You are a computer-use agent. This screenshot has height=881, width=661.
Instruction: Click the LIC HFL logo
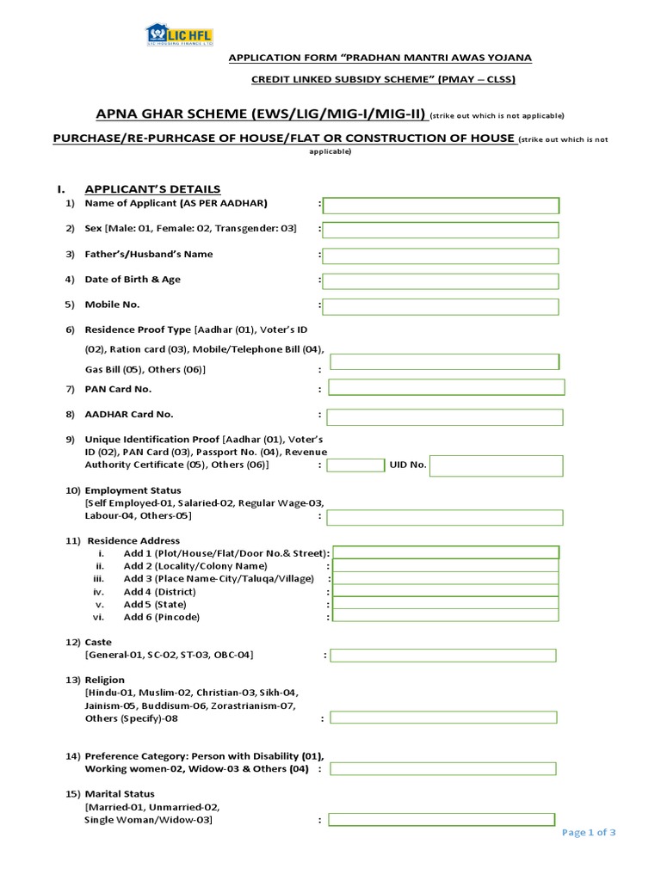pyautogui.click(x=179, y=35)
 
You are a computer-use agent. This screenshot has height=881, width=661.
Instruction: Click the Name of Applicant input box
pyautogui.click(x=441, y=205)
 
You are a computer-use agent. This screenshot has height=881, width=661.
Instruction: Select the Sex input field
pyautogui.click(x=441, y=230)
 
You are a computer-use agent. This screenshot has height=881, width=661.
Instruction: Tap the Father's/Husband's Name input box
pyautogui.click(x=441, y=256)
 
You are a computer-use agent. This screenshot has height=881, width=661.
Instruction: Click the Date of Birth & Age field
pyautogui.click(x=441, y=280)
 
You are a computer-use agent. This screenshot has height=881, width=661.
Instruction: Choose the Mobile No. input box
pyautogui.click(x=441, y=306)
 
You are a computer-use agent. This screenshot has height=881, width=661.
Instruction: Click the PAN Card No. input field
pyautogui.click(x=446, y=387)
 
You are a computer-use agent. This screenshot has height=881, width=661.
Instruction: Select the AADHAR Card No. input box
pyautogui.click(x=444, y=416)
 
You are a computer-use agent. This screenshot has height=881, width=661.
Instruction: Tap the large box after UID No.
pyautogui.click(x=496, y=465)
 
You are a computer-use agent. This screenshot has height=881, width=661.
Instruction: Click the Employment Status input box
pyautogui.click(x=444, y=517)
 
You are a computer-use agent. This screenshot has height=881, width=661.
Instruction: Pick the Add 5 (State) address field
pyautogui.click(x=446, y=604)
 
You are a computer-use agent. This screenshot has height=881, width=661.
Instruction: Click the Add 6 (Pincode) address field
pyautogui.click(x=446, y=617)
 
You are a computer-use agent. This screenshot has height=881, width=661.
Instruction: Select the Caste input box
pyautogui.click(x=443, y=656)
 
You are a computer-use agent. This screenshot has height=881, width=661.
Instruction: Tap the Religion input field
pyautogui.click(x=443, y=718)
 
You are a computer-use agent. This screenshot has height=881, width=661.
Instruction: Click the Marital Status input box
pyautogui.click(x=441, y=820)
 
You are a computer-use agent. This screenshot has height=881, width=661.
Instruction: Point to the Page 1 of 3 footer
pyautogui.click(x=589, y=832)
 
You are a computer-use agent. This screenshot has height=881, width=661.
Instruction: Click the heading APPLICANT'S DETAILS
pyautogui.click(x=151, y=188)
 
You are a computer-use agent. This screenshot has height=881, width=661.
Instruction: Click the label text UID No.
pyautogui.click(x=408, y=465)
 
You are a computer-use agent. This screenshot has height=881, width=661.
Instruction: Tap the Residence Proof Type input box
pyautogui.click(x=444, y=361)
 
